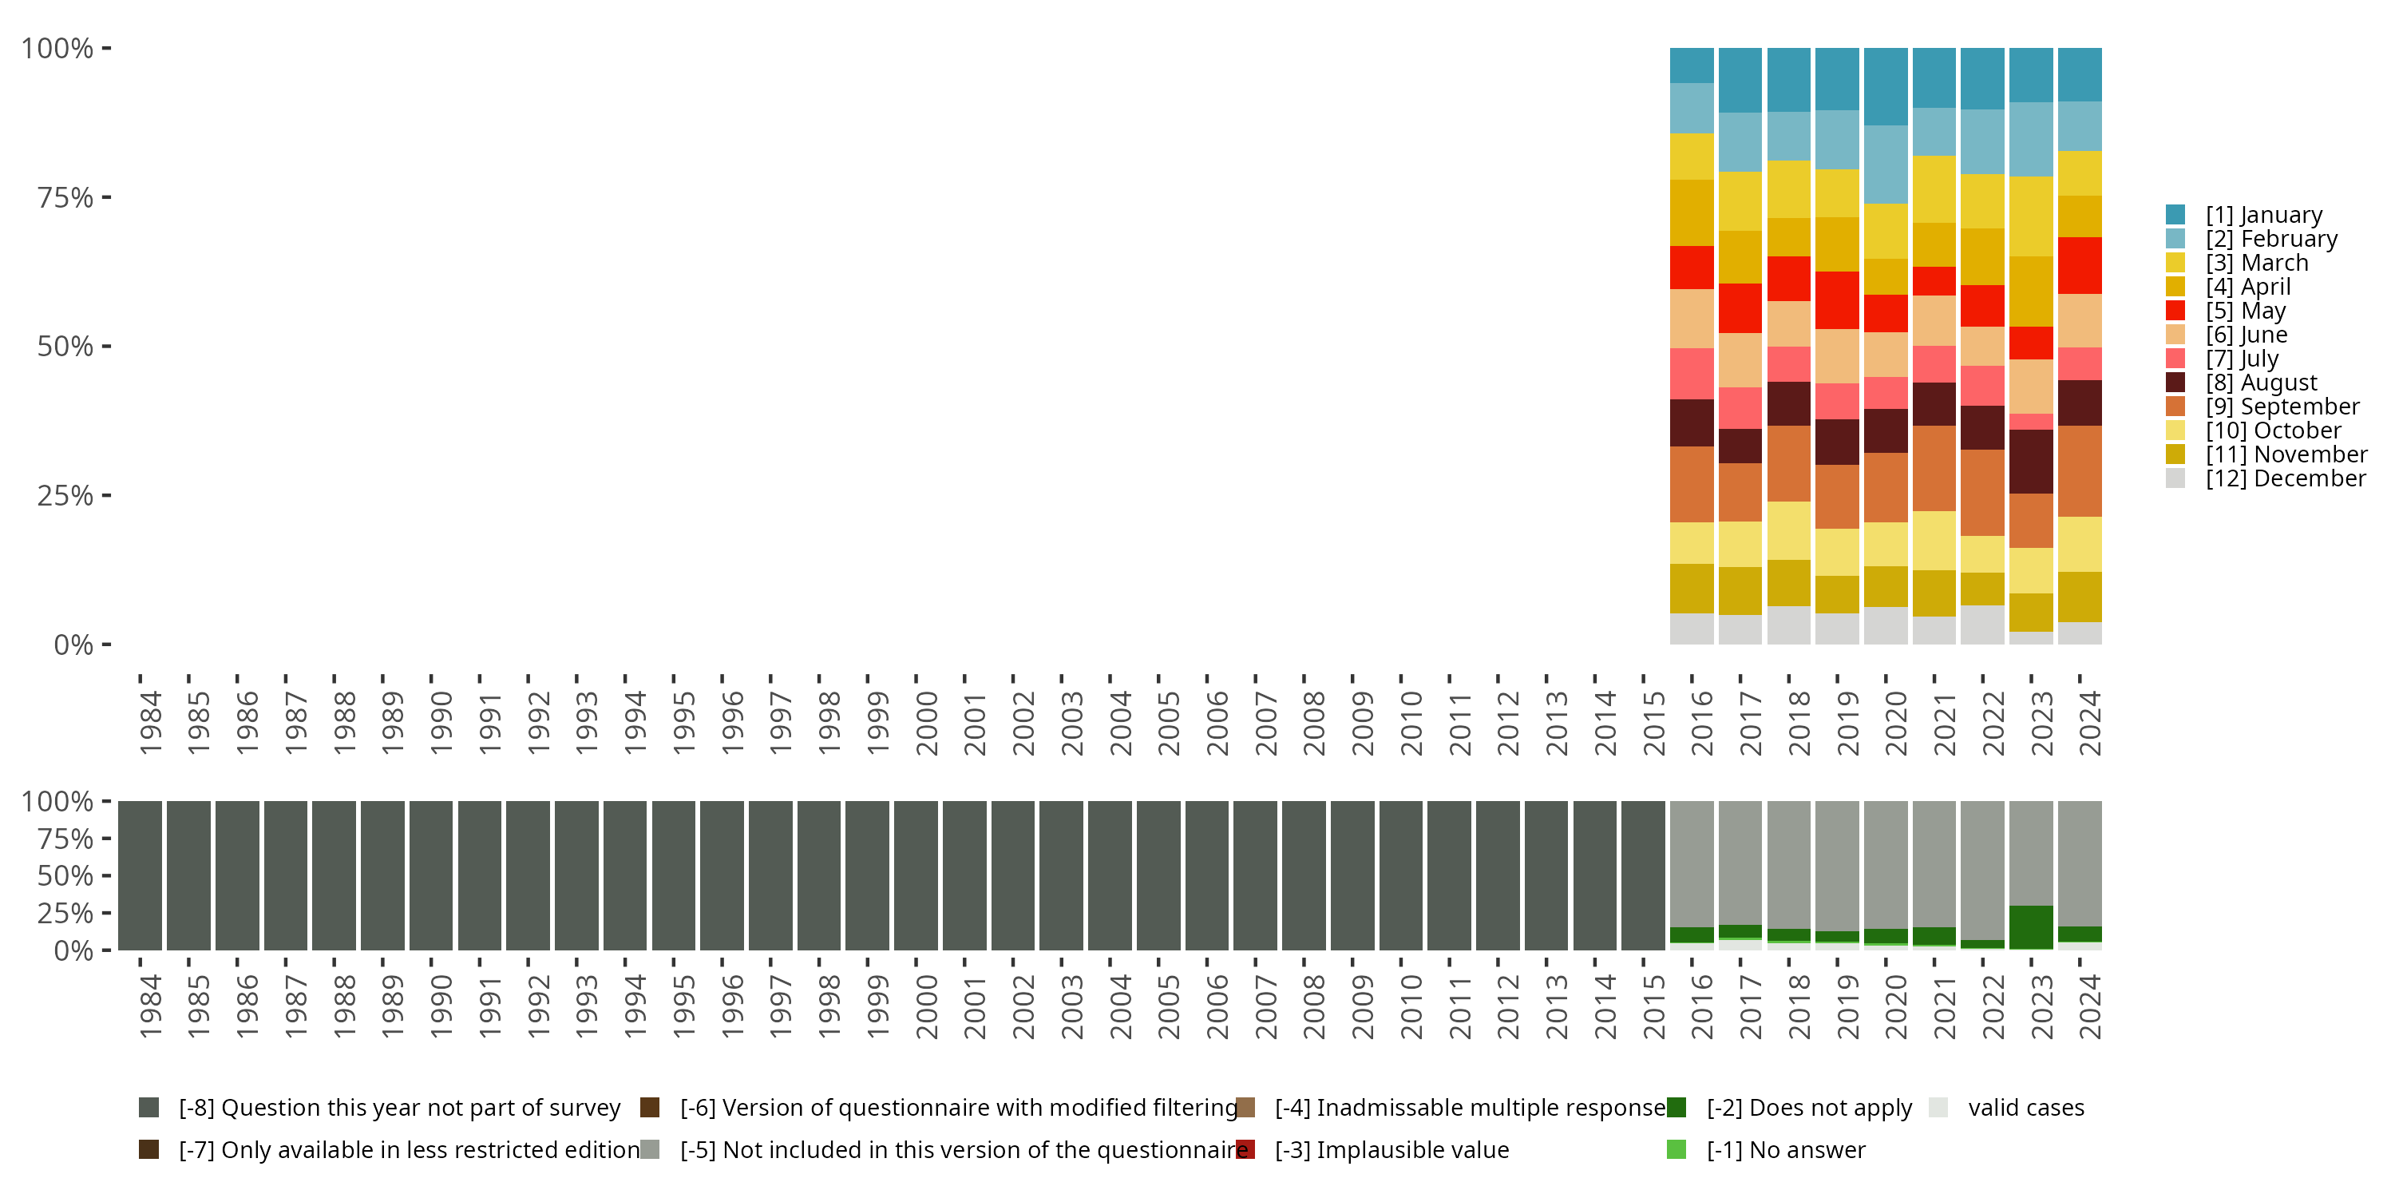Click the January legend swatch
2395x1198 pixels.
(x=2175, y=215)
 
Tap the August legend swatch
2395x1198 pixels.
(x=2175, y=383)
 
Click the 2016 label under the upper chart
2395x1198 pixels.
(x=1700, y=723)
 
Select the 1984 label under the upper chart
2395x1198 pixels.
(x=150, y=723)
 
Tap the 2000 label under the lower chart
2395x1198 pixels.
(x=926, y=1006)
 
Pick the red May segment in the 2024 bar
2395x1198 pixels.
(x=2079, y=265)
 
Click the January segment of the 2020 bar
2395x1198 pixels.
(x=1886, y=86)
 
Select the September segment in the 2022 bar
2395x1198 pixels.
(x=1982, y=492)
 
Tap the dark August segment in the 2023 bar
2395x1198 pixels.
(x=2030, y=462)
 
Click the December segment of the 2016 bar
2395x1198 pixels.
(x=1691, y=629)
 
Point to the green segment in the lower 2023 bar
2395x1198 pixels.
(x=2030, y=926)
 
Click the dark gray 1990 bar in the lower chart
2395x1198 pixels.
(x=430, y=875)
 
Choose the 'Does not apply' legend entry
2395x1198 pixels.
(x=1808, y=1108)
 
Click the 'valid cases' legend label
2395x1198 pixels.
(x=2025, y=1108)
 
